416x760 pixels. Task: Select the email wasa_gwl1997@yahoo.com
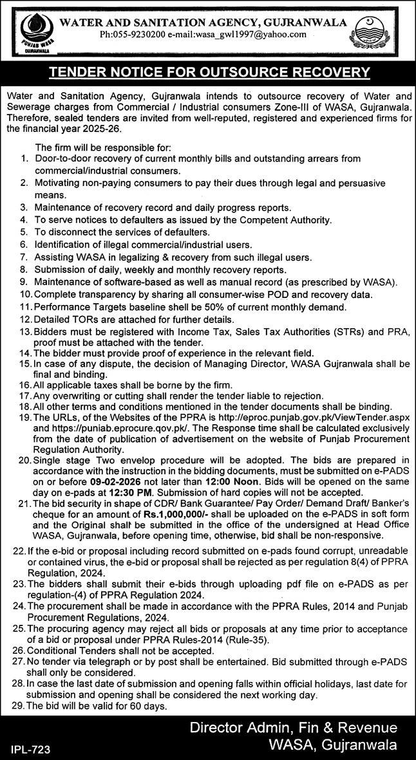[x=251, y=35]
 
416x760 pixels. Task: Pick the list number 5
[x=23, y=232]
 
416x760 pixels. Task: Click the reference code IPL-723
[x=30, y=750]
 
